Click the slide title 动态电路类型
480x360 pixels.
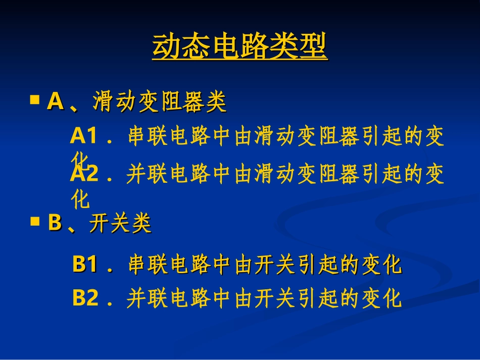click(240, 47)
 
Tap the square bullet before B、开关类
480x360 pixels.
click(35, 221)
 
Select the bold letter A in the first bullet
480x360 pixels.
click(55, 102)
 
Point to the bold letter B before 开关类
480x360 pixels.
click(55, 223)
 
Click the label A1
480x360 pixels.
click(83, 136)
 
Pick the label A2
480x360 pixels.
click(84, 174)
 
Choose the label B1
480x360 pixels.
click(85, 265)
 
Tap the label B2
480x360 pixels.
click(85, 298)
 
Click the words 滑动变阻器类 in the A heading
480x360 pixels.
click(160, 102)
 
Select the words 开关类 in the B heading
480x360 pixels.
click(120, 224)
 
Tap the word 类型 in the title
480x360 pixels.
click(306, 47)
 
